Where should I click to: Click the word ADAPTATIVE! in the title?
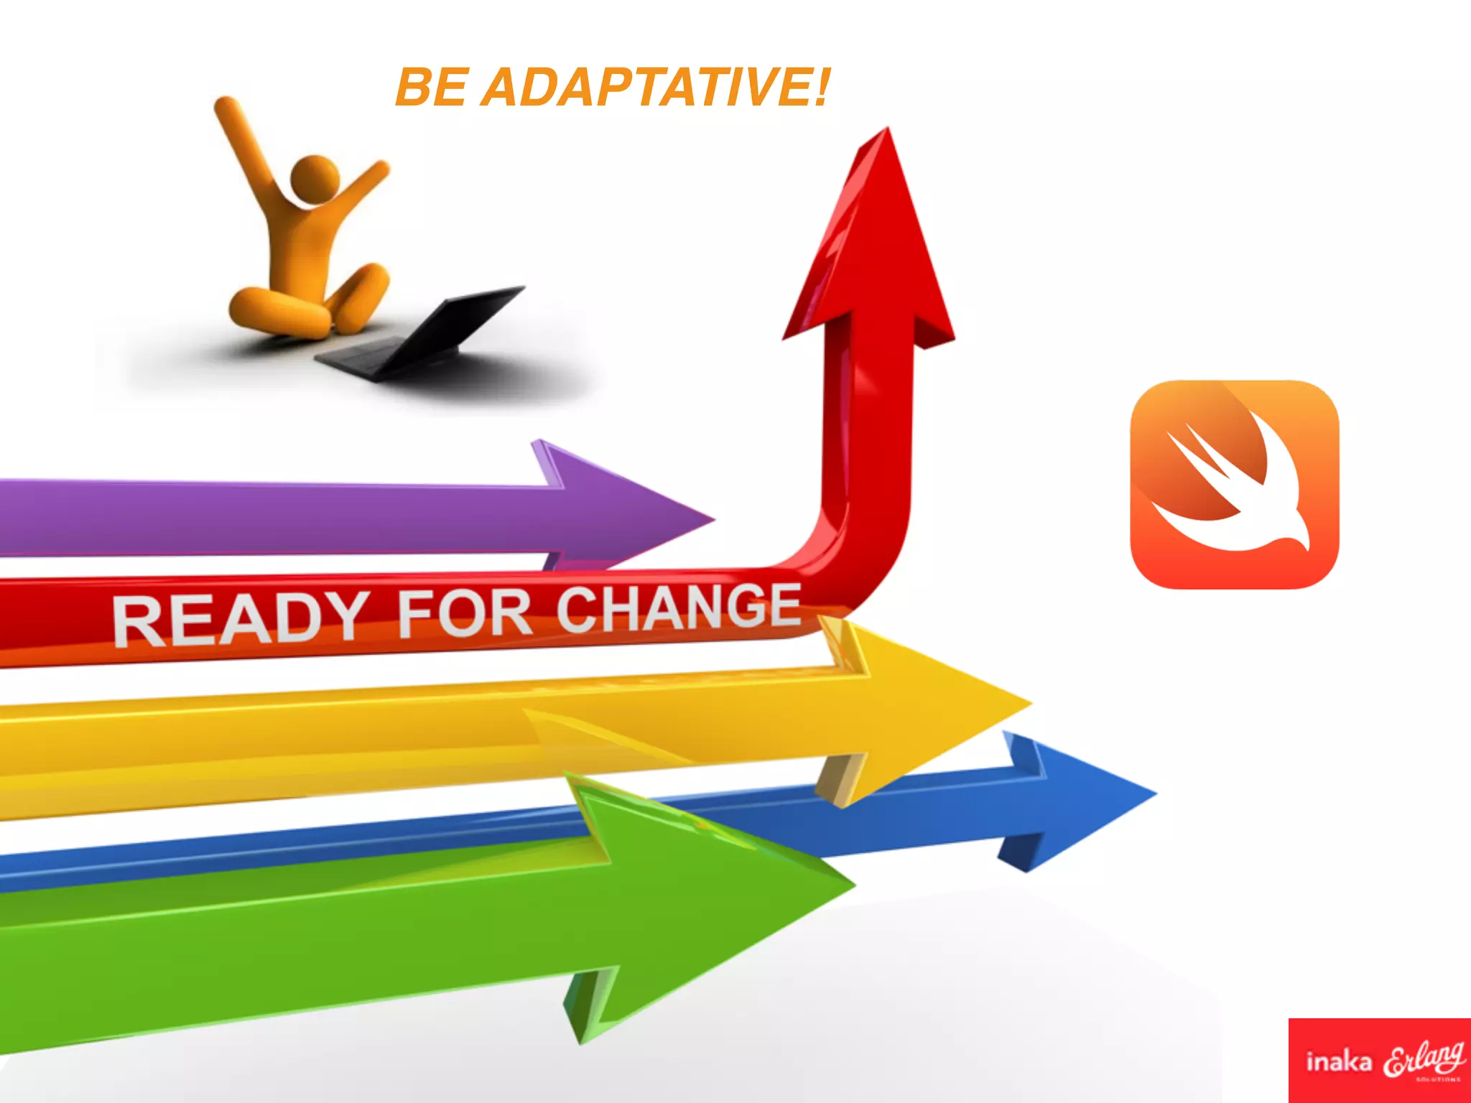[x=654, y=88]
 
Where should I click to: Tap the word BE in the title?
[x=430, y=88]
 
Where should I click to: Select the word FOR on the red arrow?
[x=464, y=612]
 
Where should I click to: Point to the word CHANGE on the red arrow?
[x=678, y=607]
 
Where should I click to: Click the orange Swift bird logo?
[x=1235, y=485]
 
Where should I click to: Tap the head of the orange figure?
[x=314, y=178]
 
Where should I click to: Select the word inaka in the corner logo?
[x=1338, y=1061]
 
